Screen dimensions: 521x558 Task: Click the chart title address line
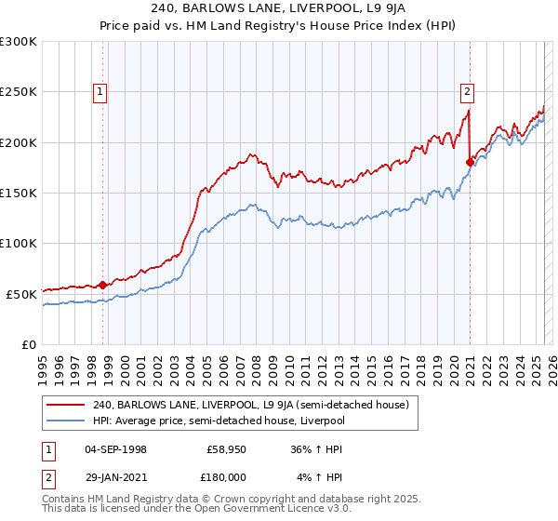point(279,10)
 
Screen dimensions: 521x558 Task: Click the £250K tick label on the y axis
point(19,92)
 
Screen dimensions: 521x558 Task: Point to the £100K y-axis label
point(19,243)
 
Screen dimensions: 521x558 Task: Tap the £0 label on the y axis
point(28,344)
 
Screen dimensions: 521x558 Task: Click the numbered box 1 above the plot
point(100,91)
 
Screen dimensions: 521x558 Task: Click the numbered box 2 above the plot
point(467,91)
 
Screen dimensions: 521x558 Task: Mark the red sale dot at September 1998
point(102,285)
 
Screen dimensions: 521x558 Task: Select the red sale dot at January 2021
point(470,162)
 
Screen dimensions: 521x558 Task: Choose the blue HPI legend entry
point(219,421)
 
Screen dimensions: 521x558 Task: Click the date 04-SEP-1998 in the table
point(115,448)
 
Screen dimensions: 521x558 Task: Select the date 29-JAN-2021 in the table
point(115,477)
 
